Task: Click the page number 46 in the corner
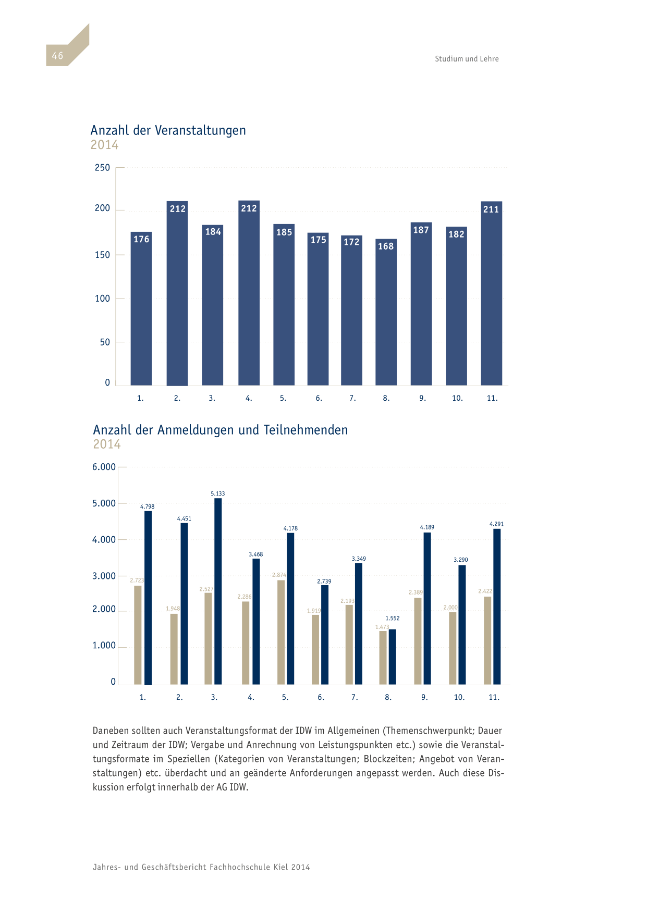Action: [57, 56]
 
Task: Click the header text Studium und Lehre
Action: [467, 59]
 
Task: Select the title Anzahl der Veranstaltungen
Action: [168, 130]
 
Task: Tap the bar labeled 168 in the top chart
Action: [386, 312]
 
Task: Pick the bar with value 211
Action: [492, 293]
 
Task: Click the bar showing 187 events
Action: [421, 304]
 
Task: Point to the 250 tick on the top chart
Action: [102, 167]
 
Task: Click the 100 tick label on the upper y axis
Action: [102, 299]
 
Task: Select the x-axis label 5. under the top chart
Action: [283, 398]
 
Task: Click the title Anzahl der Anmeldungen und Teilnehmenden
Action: [220, 430]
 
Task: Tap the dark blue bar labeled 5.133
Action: [218, 591]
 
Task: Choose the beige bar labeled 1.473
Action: [383, 658]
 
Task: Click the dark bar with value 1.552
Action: [392, 657]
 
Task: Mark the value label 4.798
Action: [148, 507]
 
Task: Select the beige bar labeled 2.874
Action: [281, 632]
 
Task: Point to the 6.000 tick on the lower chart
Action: [104, 467]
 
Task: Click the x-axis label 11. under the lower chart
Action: [494, 697]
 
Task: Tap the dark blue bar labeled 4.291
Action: [497, 607]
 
